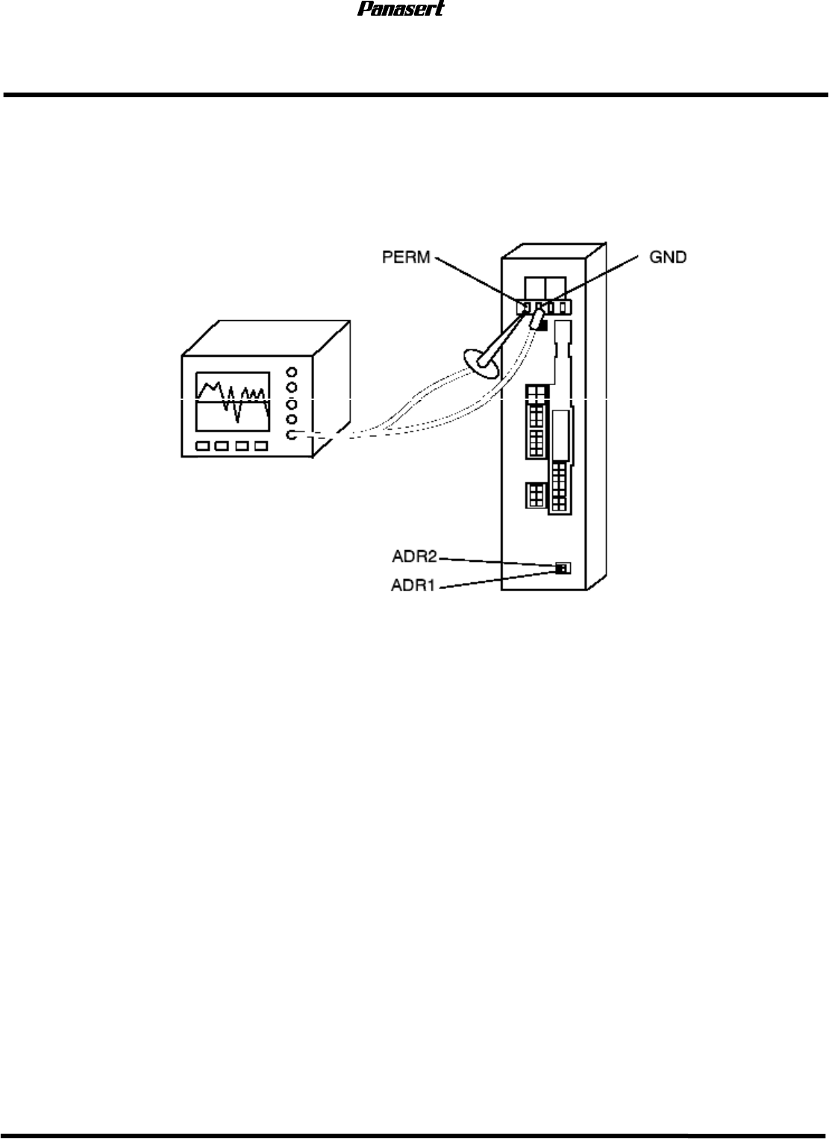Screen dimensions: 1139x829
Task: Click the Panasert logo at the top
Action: click(401, 10)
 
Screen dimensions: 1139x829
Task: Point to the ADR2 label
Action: click(415, 556)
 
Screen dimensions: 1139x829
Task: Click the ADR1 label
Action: click(415, 584)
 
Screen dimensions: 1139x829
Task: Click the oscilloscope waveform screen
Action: click(233, 402)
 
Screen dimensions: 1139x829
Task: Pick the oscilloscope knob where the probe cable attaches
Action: click(292, 435)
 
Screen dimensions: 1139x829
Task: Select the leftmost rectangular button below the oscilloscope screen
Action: click(202, 446)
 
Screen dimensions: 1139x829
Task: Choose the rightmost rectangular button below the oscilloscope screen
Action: click(260, 446)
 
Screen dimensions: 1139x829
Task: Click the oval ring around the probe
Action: click(481, 364)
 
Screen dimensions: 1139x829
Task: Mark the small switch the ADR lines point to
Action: click(563, 568)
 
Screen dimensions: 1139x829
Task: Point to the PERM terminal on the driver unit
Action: click(525, 307)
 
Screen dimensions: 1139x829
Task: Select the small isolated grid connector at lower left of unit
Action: click(535, 495)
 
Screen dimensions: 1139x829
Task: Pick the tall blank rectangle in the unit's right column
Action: click(563, 434)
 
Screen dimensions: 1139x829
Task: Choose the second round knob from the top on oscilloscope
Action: click(292, 387)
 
